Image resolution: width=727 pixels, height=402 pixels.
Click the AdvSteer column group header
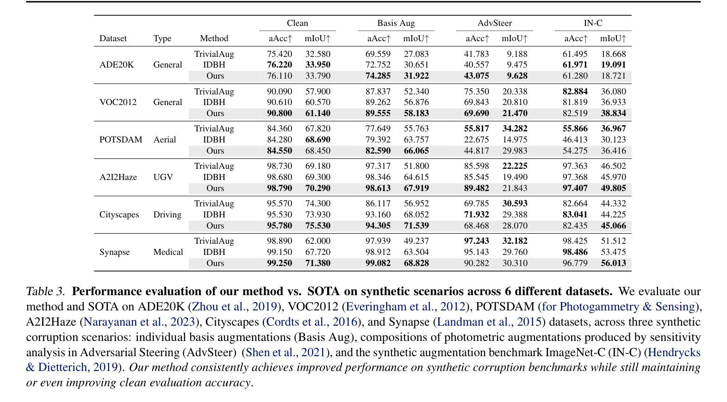(494, 23)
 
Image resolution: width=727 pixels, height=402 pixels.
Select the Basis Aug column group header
(396, 23)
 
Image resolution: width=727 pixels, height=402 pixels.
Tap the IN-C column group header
(593, 23)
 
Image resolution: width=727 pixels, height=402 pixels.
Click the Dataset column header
(113, 38)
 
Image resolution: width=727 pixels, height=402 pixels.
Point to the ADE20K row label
(117, 65)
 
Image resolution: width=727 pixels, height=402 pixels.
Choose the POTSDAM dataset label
(121, 140)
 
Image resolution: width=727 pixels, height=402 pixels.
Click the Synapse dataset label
(115, 252)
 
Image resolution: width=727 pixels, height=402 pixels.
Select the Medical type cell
(168, 252)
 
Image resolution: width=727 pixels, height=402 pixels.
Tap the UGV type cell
(163, 177)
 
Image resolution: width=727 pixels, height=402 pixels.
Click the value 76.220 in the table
(280, 65)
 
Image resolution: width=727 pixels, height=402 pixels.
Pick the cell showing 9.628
(517, 75)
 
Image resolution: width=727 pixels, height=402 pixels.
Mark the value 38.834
(613, 113)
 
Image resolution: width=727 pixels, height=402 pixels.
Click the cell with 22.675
(476, 140)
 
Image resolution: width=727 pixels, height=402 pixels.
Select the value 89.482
(476, 188)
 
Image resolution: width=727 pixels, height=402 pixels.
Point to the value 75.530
(318, 225)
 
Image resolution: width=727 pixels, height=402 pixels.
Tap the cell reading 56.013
(613, 263)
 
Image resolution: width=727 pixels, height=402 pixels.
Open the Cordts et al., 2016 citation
(311, 322)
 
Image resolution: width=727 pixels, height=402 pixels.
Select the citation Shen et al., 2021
(285, 353)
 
